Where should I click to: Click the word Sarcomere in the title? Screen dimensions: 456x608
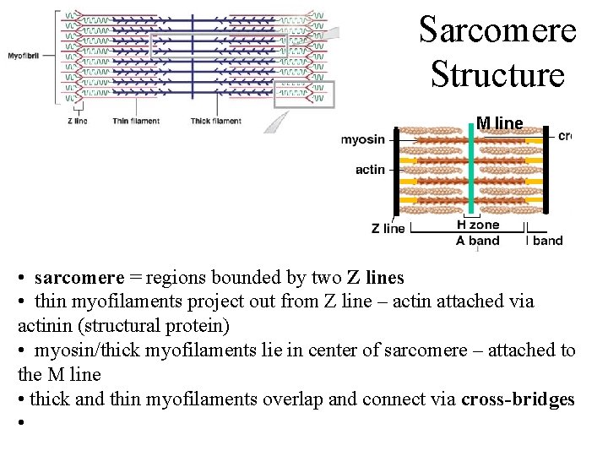(497, 30)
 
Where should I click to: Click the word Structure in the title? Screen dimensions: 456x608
(497, 73)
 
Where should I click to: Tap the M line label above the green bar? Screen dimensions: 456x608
(499, 123)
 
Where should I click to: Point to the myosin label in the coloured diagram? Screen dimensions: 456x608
(363, 139)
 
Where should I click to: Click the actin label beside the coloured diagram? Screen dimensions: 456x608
(370, 170)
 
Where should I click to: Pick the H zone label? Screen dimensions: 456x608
(478, 225)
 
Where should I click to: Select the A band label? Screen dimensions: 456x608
(478, 241)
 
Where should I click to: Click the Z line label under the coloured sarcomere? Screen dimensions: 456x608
(388, 228)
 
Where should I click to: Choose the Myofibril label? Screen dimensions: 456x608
(26, 56)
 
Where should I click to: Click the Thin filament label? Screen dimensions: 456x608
(136, 121)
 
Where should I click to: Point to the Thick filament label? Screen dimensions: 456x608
(215, 121)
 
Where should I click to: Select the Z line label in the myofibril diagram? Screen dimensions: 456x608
(77, 121)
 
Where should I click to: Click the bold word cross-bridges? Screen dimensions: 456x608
(518, 399)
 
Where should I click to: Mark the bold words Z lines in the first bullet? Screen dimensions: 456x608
(376, 277)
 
